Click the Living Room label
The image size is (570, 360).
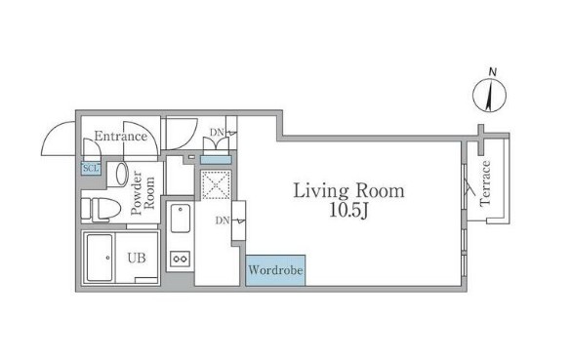point(348,190)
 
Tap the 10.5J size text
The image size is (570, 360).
point(348,211)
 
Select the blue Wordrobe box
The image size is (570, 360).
point(275,270)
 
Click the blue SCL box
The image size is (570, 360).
point(91,169)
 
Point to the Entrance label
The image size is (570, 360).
point(121,137)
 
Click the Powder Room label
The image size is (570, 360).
point(142,192)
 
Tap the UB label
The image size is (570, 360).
point(137,258)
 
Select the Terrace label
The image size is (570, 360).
point(485,183)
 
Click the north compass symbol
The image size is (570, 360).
point(489,96)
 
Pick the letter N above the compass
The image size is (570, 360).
point(493,72)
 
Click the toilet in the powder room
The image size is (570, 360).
point(101,210)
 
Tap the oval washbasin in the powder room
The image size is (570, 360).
point(122,174)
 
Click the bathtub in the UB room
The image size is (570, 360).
point(100,258)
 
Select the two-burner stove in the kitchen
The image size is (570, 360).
point(180,259)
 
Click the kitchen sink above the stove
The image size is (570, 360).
point(181,218)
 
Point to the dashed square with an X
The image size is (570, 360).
point(216,184)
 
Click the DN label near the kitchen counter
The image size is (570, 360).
point(223,220)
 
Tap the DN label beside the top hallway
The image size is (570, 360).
point(217,133)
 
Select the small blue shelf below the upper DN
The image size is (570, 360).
point(216,159)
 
